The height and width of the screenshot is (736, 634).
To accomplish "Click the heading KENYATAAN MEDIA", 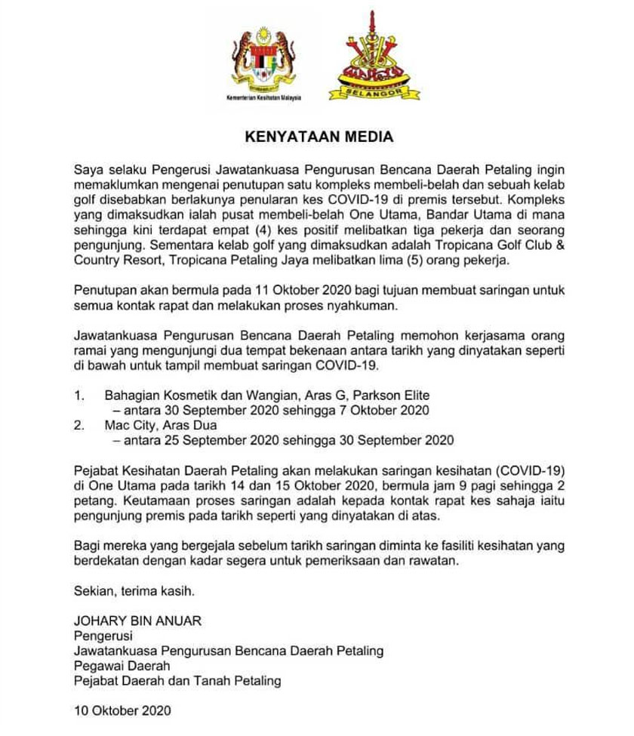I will pyautogui.click(x=319, y=137).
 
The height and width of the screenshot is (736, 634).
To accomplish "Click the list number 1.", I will pyautogui.click(x=78, y=396).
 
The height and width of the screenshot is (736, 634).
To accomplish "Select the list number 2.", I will pyautogui.click(x=78, y=424).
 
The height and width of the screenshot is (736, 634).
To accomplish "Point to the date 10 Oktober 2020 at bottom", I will pyautogui.click(x=122, y=710).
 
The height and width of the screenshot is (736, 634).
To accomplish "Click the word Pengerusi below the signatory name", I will pyautogui.click(x=103, y=636).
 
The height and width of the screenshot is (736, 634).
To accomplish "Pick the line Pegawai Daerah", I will pyautogui.click(x=122, y=665).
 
